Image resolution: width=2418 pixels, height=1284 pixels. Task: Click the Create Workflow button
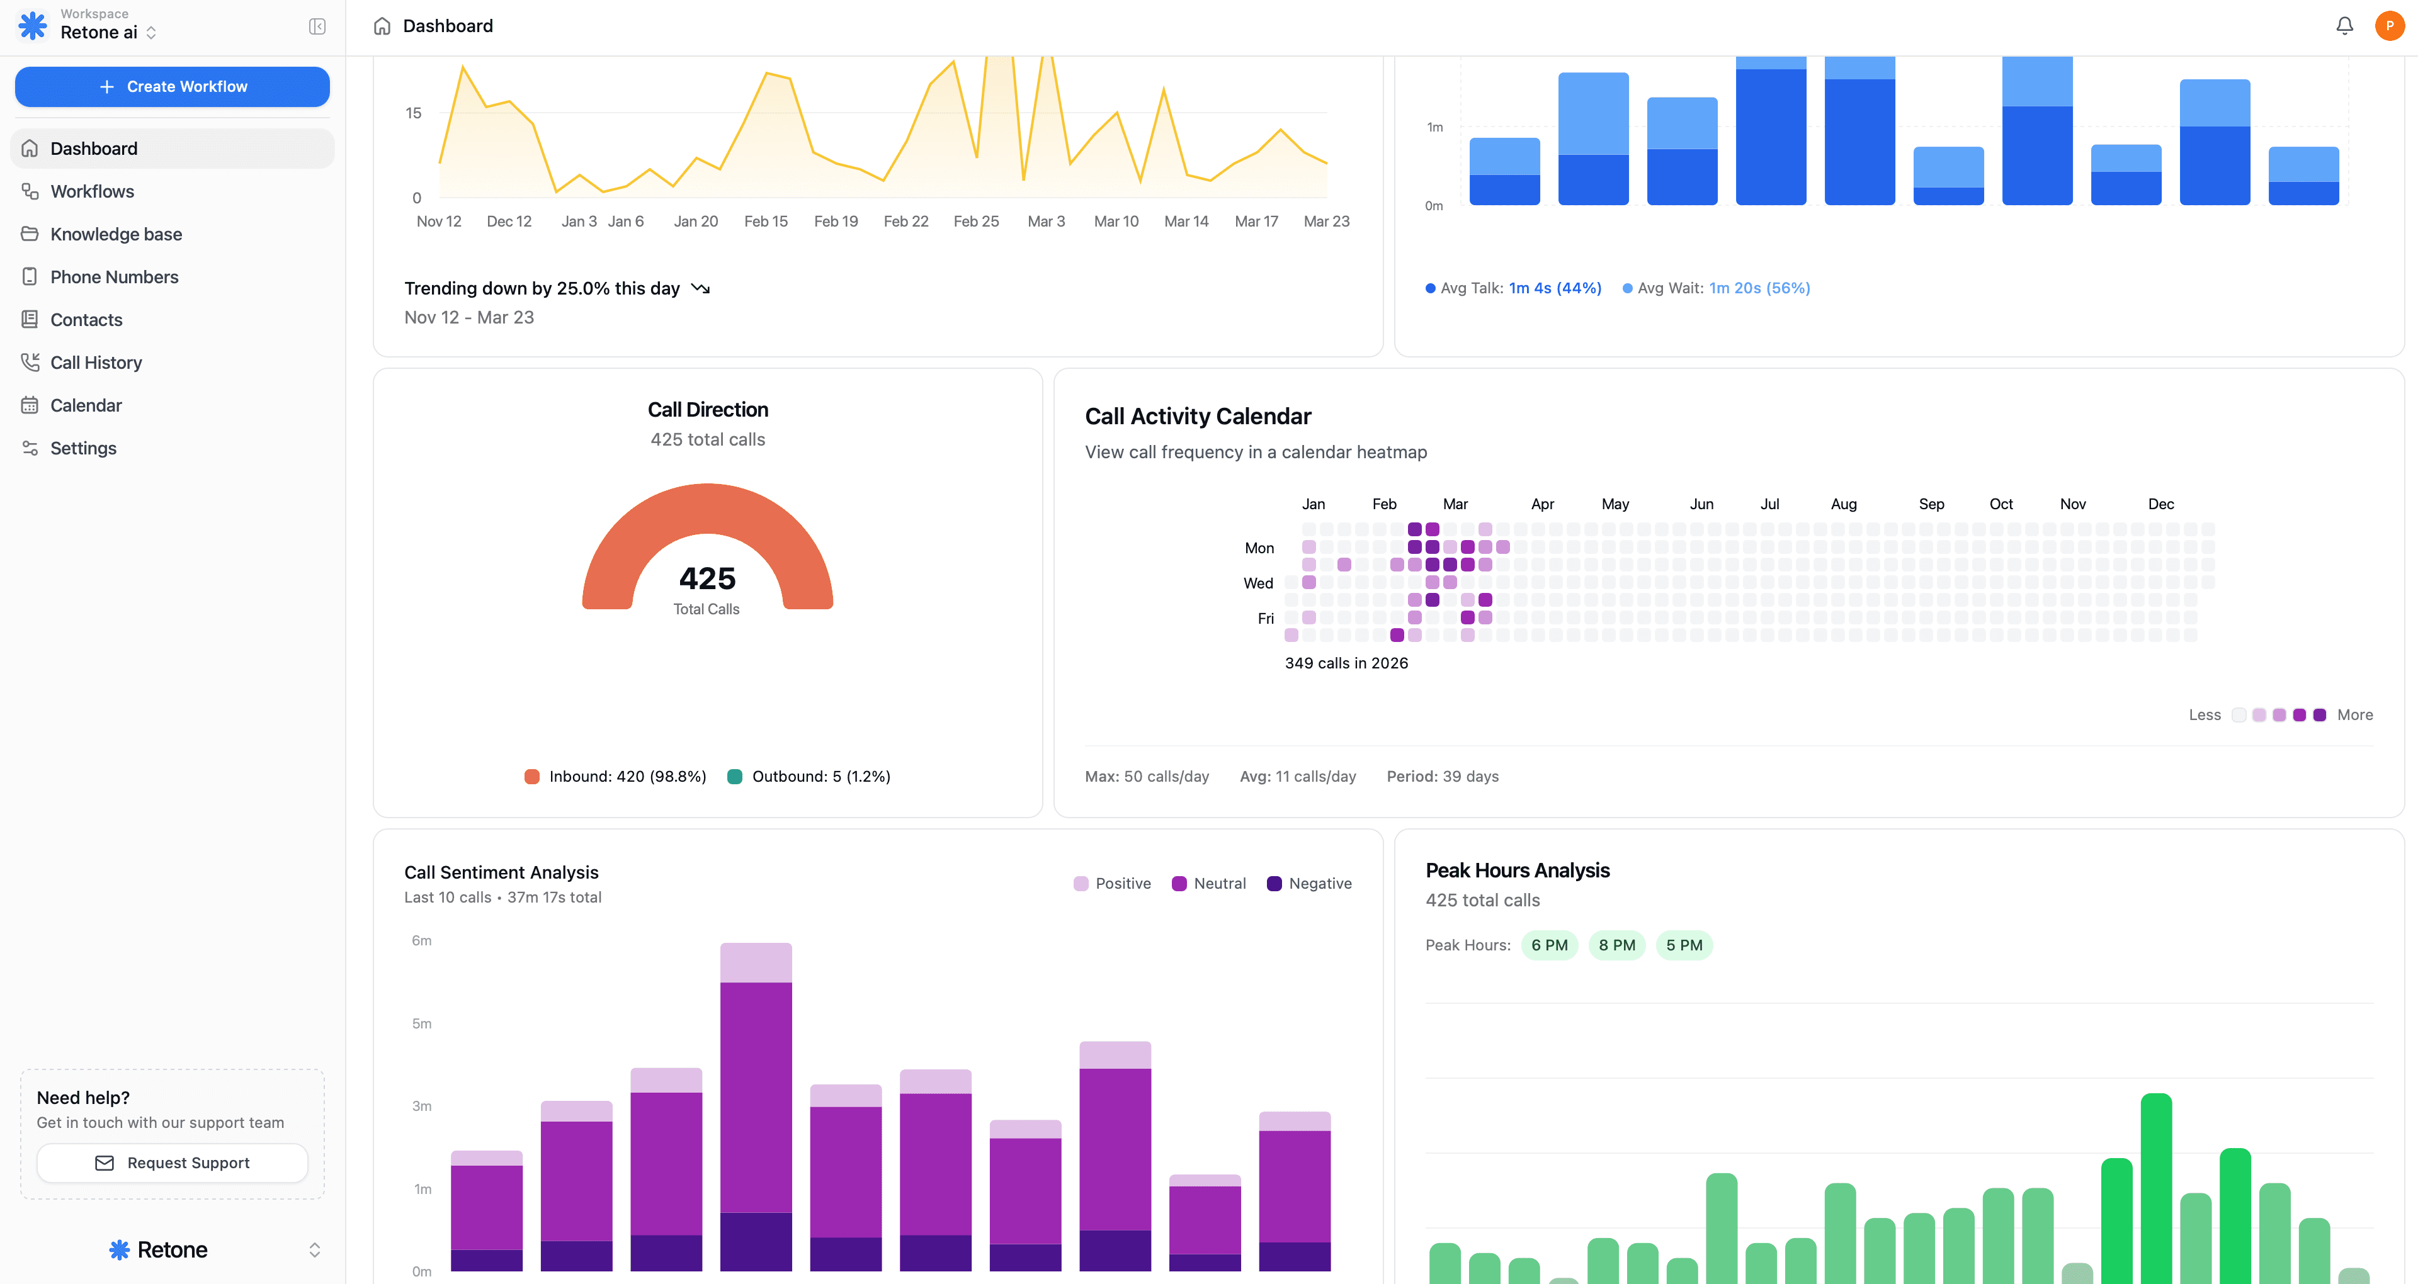[173, 86]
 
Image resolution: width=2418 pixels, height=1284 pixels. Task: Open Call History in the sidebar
[96, 363]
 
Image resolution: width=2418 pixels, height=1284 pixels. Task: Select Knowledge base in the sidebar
[115, 234]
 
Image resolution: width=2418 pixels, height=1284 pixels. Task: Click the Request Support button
[173, 1163]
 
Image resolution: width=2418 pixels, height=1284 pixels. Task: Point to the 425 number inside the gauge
[707, 578]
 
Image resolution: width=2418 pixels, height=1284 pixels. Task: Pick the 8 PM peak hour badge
[1616, 945]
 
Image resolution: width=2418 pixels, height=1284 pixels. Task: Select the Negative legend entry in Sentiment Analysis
[1310, 883]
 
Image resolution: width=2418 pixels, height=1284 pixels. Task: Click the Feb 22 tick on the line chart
[906, 222]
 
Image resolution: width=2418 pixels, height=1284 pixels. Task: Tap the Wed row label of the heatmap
[1258, 583]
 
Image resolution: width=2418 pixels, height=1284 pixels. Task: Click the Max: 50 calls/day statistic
[1146, 776]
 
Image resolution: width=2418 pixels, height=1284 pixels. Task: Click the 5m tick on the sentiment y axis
[421, 1023]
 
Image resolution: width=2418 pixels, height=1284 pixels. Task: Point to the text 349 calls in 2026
[1346, 663]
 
